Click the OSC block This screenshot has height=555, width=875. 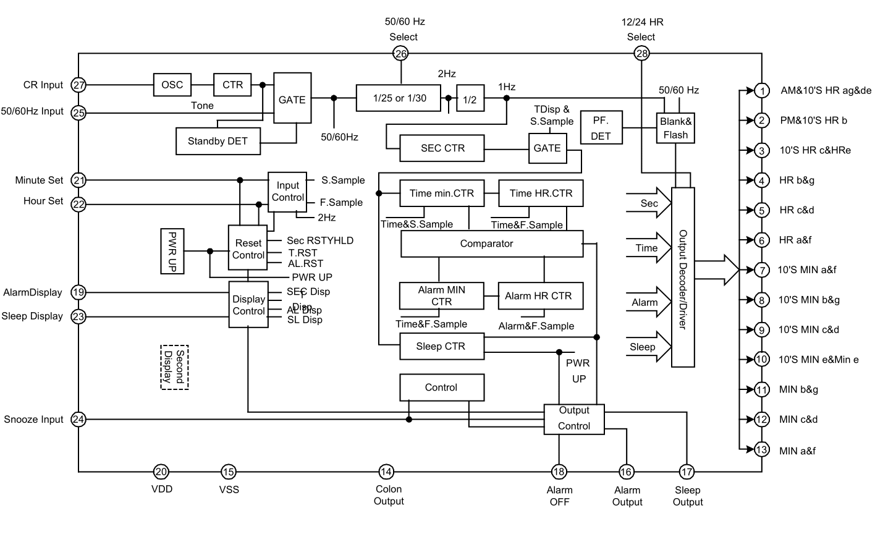coord(172,85)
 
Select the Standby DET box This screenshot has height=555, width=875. coord(218,141)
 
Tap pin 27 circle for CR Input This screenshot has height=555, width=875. coord(78,85)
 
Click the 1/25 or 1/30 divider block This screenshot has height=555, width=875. coord(399,98)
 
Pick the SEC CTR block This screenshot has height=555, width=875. coord(442,148)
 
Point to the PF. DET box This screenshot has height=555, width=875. coord(601,128)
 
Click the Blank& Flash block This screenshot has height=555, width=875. coord(675,128)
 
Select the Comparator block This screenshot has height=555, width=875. coord(492,244)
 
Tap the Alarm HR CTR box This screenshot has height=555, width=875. coord(541,296)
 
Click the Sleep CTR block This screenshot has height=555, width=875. coord(442,347)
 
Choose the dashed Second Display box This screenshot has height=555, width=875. coord(174,367)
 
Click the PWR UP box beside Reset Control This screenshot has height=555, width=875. coord(172,251)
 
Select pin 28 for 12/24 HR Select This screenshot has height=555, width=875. coord(641,54)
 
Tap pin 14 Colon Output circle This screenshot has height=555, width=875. coord(386,472)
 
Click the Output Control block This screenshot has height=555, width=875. coord(574,420)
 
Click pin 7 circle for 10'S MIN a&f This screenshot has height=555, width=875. coord(761,270)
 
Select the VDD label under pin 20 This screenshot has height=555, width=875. coord(162,489)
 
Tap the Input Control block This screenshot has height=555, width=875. coord(287,192)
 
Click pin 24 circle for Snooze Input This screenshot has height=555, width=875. coord(78,420)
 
